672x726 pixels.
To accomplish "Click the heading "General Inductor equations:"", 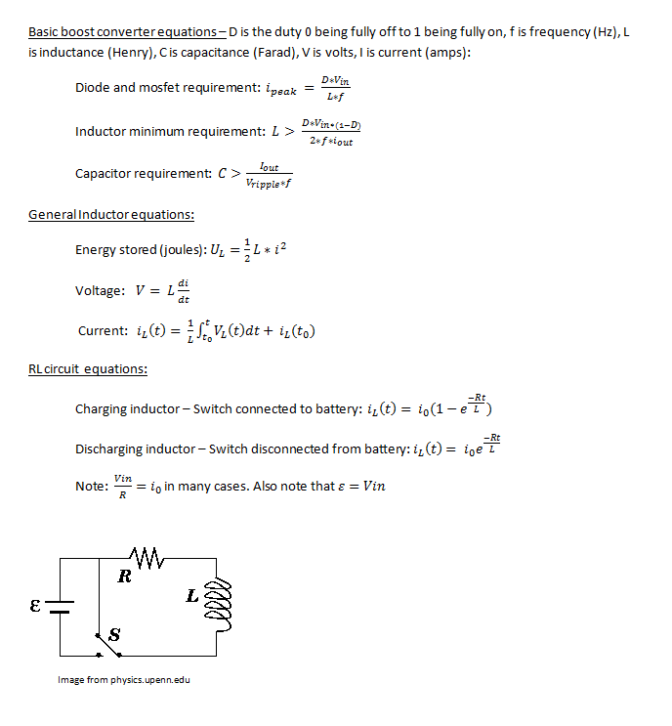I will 110,215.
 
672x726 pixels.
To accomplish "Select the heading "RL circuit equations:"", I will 88,369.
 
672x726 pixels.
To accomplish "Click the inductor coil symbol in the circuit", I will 220,598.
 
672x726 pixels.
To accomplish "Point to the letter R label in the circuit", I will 124,577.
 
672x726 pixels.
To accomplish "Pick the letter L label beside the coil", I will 193,594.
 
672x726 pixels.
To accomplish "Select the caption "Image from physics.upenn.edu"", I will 124,680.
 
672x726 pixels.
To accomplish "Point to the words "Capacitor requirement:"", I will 143,174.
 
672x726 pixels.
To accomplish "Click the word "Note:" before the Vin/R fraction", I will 91,486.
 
